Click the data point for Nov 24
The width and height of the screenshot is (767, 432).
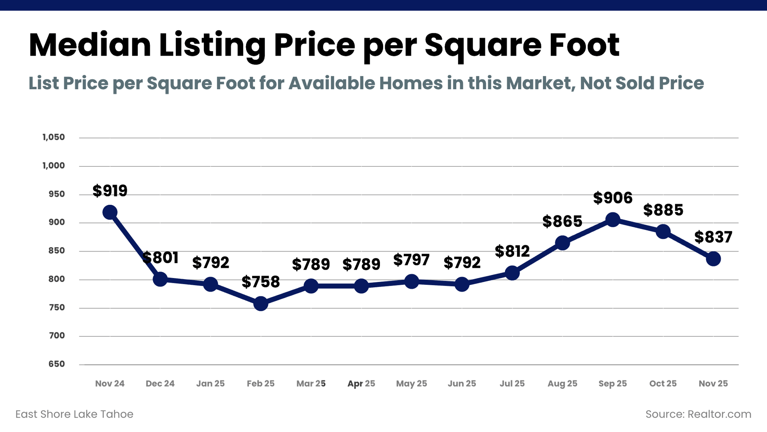click(x=110, y=212)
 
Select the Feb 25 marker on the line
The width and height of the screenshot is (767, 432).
click(x=260, y=304)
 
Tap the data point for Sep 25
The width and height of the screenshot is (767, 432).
click(x=612, y=220)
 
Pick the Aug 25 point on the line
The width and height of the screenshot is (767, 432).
click(x=562, y=243)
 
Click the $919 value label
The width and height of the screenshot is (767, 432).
click(x=110, y=191)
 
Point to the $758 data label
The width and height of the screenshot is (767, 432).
click(x=260, y=282)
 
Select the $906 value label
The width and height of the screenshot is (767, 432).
click(x=612, y=198)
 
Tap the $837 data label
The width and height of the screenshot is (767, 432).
click(x=713, y=237)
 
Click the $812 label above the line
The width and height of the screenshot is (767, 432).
click(x=512, y=251)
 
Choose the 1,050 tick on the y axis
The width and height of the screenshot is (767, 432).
click(x=54, y=137)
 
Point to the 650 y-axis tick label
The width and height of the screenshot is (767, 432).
click(x=56, y=364)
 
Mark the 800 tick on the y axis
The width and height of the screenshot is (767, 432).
click(x=56, y=279)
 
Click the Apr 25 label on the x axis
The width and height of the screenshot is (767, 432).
click(x=361, y=384)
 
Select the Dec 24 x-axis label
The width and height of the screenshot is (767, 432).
click(x=160, y=384)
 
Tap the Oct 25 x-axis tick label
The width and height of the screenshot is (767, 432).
click(x=663, y=384)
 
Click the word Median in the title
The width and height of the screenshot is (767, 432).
click(x=90, y=45)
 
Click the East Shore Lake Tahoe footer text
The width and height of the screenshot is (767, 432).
click(x=74, y=414)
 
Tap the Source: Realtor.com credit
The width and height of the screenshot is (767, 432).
click(x=698, y=414)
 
